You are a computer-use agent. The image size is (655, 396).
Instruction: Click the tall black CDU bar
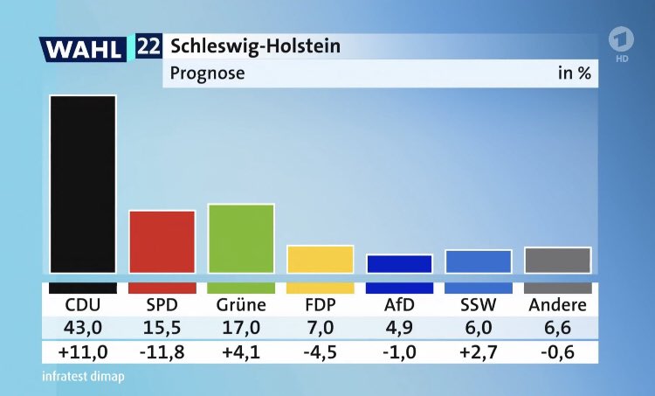[83, 184]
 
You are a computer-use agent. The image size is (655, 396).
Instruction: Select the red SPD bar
[162, 241]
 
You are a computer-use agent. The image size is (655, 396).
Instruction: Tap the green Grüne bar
[241, 238]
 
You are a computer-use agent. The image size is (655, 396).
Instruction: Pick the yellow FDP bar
[320, 259]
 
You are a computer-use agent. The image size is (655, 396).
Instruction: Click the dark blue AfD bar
[399, 263]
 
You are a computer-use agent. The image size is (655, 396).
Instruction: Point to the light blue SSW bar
[478, 261]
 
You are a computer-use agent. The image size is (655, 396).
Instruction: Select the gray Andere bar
[557, 260]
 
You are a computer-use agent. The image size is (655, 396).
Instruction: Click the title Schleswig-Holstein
[255, 45]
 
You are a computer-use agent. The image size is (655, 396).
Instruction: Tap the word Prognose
[208, 73]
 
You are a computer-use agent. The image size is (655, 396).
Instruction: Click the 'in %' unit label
[574, 73]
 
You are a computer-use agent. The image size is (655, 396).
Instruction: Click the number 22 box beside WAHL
[148, 46]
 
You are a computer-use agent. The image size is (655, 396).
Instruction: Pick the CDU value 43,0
[83, 328]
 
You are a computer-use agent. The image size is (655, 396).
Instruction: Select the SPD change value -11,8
[162, 351]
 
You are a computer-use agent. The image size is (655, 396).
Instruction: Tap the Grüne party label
[241, 305]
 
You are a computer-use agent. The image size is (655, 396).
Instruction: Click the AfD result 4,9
[399, 328]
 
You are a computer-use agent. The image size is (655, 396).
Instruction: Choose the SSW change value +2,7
[478, 351]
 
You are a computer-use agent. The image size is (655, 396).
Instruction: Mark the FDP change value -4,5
[320, 351]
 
